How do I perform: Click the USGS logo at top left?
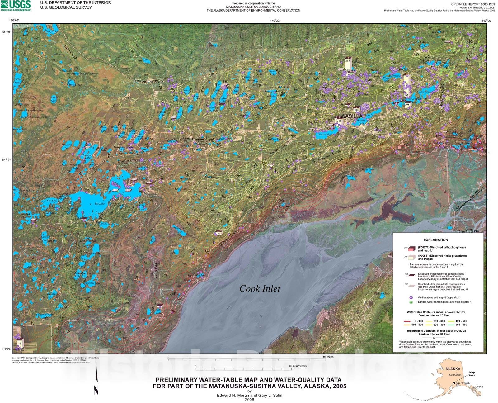pos(16,5)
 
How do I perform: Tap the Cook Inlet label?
pos(260,289)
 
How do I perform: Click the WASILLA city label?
pos(351,116)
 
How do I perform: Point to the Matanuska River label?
pos(470,199)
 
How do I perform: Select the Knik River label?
pos(469,231)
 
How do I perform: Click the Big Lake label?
pos(100,204)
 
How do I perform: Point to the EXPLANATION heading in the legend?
pos(435,240)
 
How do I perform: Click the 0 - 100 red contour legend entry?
pos(418,321)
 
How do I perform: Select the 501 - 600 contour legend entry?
pos(461,325)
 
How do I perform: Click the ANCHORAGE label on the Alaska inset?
pos(463,383)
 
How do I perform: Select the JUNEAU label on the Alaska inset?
pos(478,387)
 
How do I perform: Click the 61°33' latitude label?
pos(7,160)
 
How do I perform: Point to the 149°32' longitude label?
pos(275,21)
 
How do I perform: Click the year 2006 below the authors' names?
pos(249,400)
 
